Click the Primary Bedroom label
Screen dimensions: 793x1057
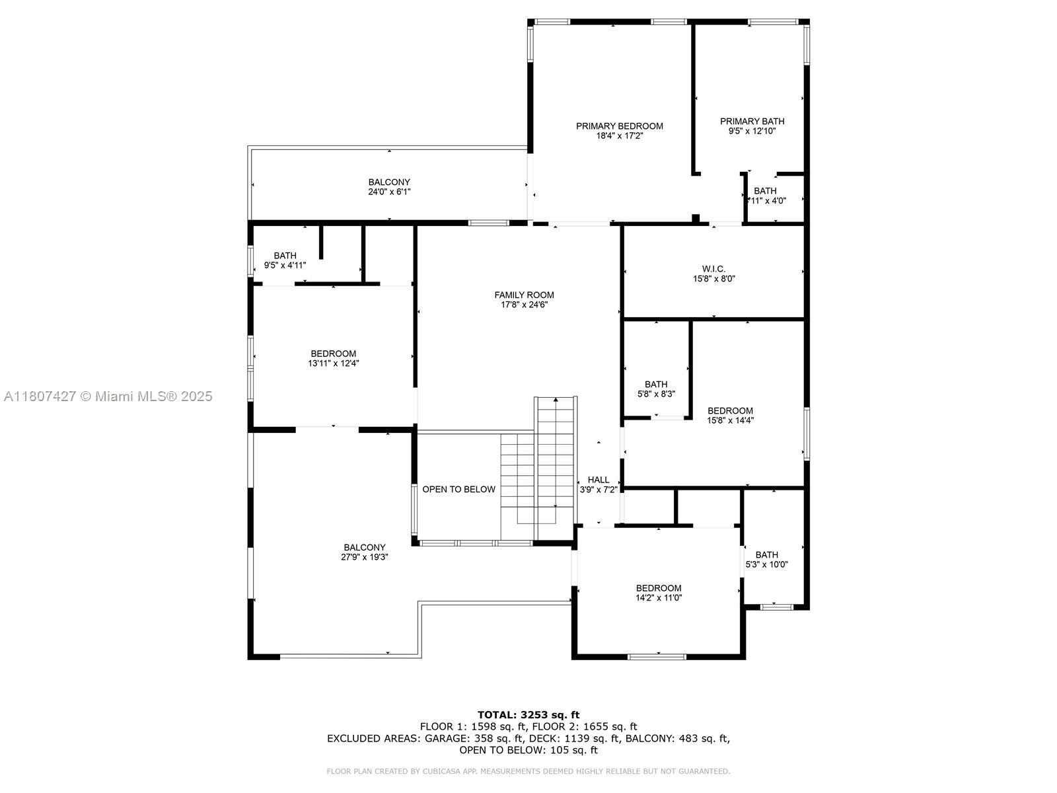coord(619,126)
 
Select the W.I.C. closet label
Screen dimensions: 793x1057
coord(713,269)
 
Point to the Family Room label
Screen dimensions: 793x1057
coord(524,295)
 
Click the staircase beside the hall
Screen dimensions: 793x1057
coord(556,463)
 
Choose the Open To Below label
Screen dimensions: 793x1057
coord(458,490)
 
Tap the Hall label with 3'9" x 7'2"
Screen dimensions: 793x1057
coord(599,485)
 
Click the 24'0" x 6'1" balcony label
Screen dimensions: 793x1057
coord(389,187)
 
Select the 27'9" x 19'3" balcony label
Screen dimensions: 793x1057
coord(364,552)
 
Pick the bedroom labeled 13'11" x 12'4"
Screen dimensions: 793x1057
coord(333,358)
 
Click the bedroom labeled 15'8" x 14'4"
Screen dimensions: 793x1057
coord(730,415)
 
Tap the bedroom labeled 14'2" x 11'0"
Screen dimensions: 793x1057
coord(658,593)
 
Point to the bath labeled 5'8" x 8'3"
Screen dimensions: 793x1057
coord(656,389)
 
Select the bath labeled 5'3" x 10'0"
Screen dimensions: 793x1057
coord(766,559)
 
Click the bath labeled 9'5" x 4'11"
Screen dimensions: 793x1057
coord(285,260)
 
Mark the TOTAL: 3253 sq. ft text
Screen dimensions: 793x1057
coord(528,714)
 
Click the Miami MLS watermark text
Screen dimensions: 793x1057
coord(108,397)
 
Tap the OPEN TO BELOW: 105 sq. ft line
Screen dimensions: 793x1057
coord(528,750)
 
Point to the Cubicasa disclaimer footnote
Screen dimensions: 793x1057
coord(528,771)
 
